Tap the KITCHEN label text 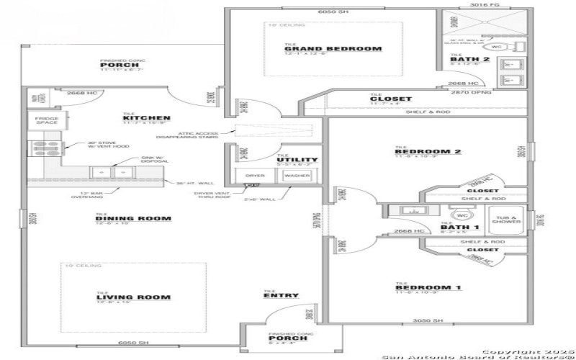click(x=146, y=118)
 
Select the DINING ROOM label click(x=134, y=219)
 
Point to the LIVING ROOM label click(x=134, y=297)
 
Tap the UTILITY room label click(x=297, y=160)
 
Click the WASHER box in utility click(x=295, y=175)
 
